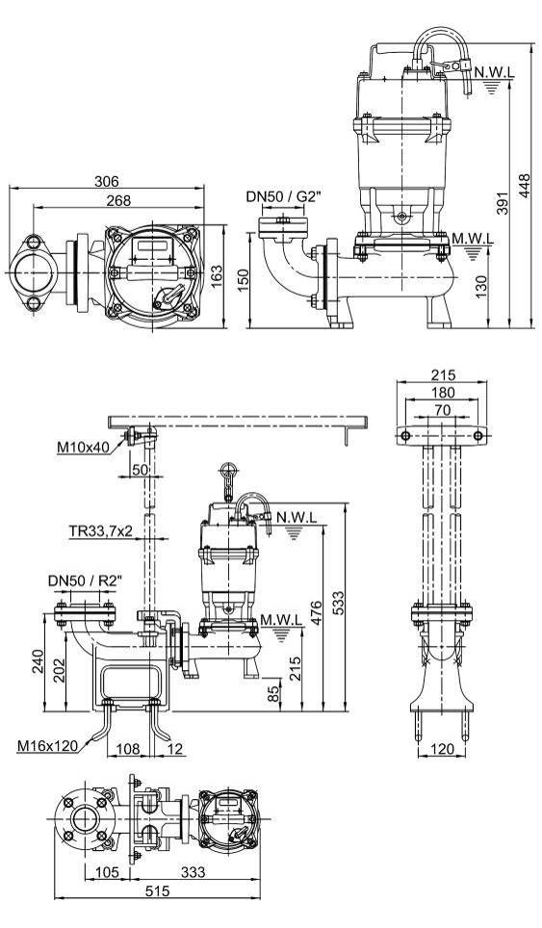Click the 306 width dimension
click(x=107, y=181)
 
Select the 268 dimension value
click(x=118, y=200)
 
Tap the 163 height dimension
click(x=217, y=274)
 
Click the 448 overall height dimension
click(x=524, y=187)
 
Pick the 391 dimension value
click(x=502, y=203)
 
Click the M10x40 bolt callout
click(x=84, y=448)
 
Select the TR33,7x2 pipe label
click(x=101, y=531)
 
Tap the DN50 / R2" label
click(x=86, y=581)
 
